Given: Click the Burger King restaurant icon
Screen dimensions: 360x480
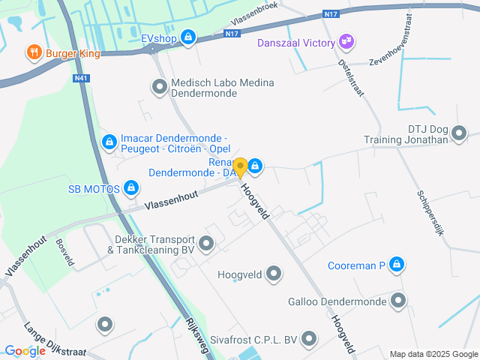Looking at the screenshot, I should coord(34,52).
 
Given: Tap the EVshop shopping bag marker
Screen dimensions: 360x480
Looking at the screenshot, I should coord(188,36).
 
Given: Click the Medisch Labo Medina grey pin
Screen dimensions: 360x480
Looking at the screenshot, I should coord(159,88).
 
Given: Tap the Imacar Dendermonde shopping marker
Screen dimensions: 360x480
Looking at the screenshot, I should coord(109,140).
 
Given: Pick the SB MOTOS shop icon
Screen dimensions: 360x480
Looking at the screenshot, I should coord(131,187).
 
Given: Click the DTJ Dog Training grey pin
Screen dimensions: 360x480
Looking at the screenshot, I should coord(460,133).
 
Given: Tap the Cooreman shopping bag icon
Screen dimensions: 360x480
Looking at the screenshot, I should coord(397,265).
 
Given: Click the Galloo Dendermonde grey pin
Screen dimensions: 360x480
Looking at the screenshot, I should coord(397,301).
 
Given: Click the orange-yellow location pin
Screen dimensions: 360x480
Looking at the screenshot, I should coord(240,166).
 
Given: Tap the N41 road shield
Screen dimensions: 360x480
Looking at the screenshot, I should coord(82,76).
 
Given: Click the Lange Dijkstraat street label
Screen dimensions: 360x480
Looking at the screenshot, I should coord(55,341).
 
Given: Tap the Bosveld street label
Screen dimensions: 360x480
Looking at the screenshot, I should coord(64,253).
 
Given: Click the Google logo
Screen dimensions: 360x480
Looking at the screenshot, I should coord(25,350).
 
